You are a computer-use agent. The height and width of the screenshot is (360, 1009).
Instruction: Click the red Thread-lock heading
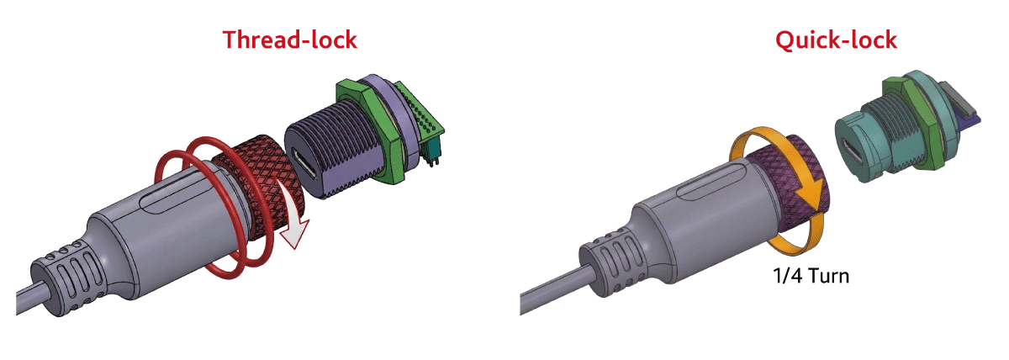289,40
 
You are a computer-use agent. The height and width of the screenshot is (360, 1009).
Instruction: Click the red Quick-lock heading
836,40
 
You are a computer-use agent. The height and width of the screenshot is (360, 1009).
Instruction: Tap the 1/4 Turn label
811,276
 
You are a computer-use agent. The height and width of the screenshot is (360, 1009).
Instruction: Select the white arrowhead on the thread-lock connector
295,232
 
